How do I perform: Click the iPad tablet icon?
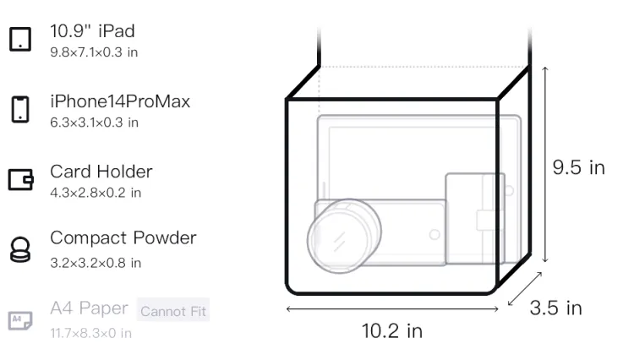pos(20,39)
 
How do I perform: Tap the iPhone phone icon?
pos(20,109)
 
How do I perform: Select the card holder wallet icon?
pos(20,179)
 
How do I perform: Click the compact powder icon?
pos(20,249)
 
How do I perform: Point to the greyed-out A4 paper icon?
pos(20,320)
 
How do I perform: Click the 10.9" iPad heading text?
pos(92,31)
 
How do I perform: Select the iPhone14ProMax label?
pos(120,101)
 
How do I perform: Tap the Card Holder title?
pos(101,172)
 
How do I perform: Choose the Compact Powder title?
pos(123,238)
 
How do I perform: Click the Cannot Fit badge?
pos(173,310)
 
